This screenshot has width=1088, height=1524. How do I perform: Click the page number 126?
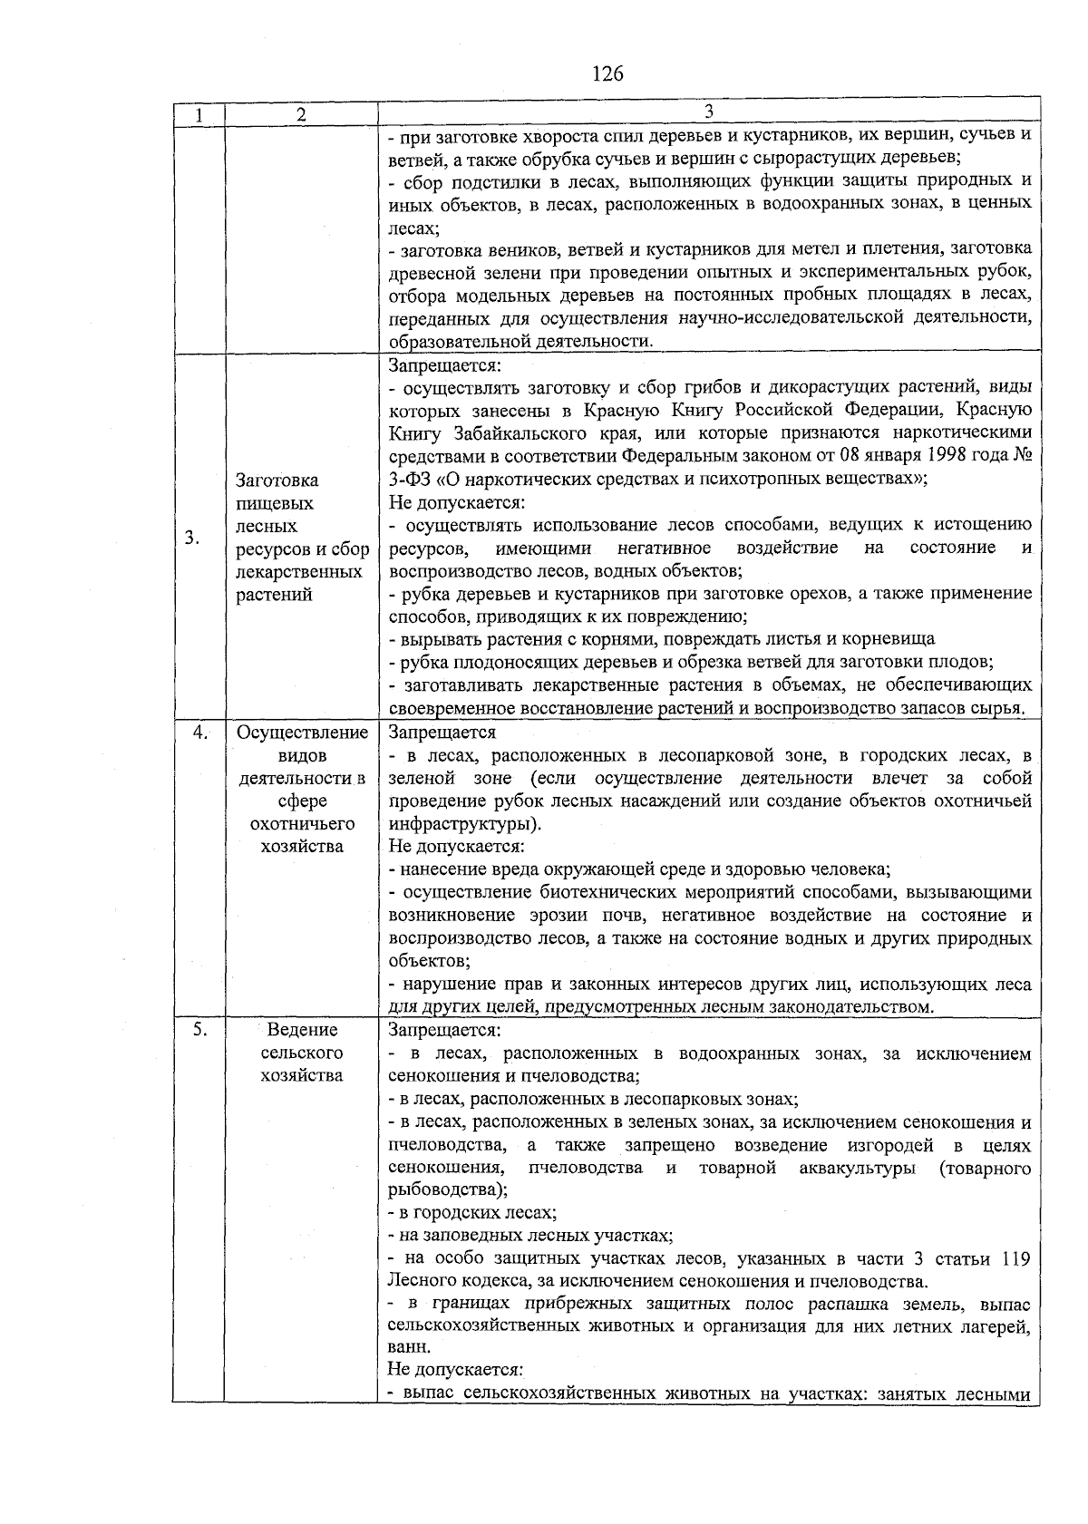click(607, 73)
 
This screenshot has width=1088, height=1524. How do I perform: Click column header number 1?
click(198, 115)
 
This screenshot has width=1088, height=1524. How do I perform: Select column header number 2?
click(301, 115)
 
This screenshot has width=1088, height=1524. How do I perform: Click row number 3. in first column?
click(192, 538)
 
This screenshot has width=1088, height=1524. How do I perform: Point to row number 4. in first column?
click(201, 733)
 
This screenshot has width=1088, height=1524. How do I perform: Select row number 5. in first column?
click(200, 1029)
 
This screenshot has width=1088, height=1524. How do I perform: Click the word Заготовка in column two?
click(277, 480)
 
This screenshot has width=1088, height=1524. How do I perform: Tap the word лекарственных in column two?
click(299, 572)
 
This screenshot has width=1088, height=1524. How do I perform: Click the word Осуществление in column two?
click(302, 733)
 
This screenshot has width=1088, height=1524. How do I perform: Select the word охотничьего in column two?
click(302, 824)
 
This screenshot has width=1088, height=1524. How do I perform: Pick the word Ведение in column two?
click(302, 1030)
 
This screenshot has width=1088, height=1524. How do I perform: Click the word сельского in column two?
click(302, 1053)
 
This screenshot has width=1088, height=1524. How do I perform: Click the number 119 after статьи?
click(1015, 1259)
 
